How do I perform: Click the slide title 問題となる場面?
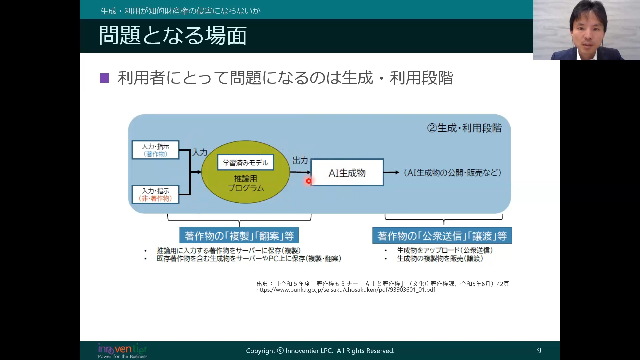[x=173, y=36]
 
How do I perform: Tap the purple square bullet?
[x=104, y=78]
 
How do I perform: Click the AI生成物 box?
[x=347, y=173]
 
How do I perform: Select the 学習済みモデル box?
[x=246, y=163]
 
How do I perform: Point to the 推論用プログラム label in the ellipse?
[x=246, y=183]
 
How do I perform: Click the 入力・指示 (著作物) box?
[x=156, y=150]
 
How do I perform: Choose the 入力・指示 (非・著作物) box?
[x=156, y=194]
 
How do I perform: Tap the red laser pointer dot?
[x=309, y=181]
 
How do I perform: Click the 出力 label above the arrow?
[x=300, y=161]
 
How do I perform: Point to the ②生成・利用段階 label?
[x=464, y=128]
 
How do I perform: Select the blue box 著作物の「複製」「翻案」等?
[x=239, y=236]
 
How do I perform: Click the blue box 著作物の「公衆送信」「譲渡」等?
[x=442, y=236]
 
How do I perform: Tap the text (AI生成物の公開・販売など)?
[x=452, y=173]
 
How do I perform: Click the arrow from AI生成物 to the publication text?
[x=391, y=172]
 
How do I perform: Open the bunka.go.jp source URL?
[x=346, y=290]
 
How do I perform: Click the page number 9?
[x=539, y=350]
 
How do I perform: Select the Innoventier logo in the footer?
[x=123, y=351]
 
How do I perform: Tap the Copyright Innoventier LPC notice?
[x=320, y=351]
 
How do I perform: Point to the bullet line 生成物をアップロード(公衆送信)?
[x=445, y=250]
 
